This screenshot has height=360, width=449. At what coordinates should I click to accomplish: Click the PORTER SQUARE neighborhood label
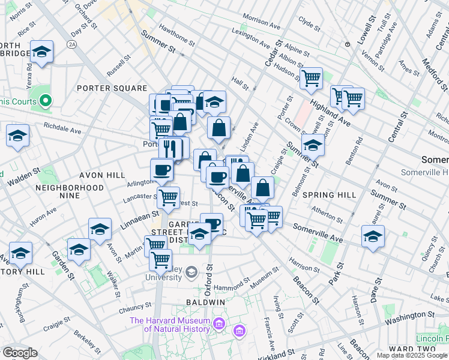coord(112,88)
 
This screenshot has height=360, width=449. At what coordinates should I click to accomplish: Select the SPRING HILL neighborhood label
coord(330,195)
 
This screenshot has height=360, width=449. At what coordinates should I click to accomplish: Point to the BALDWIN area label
coord(205,301)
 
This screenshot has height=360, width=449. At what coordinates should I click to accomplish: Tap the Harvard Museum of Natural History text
coord(170,325)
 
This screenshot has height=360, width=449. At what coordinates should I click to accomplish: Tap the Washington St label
coord(410,316)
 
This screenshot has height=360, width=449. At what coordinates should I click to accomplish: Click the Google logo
coord(20,353)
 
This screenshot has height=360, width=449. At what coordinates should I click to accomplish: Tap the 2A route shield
coord(73,44)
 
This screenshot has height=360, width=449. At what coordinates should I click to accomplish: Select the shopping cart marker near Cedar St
coord(311,77)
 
